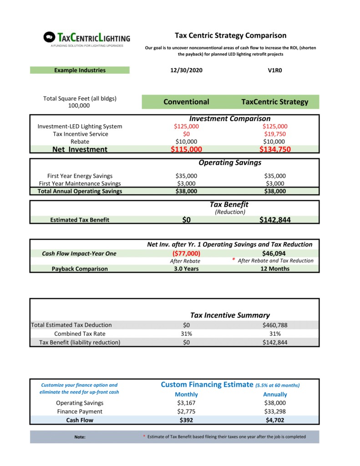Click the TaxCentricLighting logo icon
50,37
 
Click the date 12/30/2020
186,71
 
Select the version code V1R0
275,71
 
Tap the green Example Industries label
80,70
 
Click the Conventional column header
186,102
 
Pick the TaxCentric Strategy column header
275,102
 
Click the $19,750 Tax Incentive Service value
275,134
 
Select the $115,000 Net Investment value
186,149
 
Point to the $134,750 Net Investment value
275,149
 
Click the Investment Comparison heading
230,119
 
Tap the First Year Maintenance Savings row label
80,183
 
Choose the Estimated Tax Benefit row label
80,220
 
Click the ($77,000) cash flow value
186,253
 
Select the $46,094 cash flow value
275,253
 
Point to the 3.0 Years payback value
186,268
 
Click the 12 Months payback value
275,268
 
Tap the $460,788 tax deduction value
275,325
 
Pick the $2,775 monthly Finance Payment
186,411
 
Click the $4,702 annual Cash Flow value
275,420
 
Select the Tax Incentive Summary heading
230,315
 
